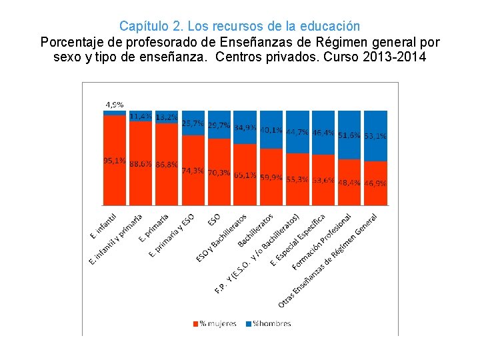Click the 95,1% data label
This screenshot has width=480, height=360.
(114, 161)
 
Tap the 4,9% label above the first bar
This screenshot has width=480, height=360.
(114, 105)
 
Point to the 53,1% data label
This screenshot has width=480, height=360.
(375, 135)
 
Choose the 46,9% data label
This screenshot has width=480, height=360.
(375, 182)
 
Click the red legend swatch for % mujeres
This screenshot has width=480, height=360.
(195, 323)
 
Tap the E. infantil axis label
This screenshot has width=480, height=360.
(103, 227)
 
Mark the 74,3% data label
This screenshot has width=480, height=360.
(192, 171)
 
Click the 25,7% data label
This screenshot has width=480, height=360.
(192, 123)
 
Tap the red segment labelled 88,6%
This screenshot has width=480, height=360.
(140, 180)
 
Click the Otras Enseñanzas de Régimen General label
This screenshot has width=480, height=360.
(329, 260)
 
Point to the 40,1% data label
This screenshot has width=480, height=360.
(271, 130)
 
